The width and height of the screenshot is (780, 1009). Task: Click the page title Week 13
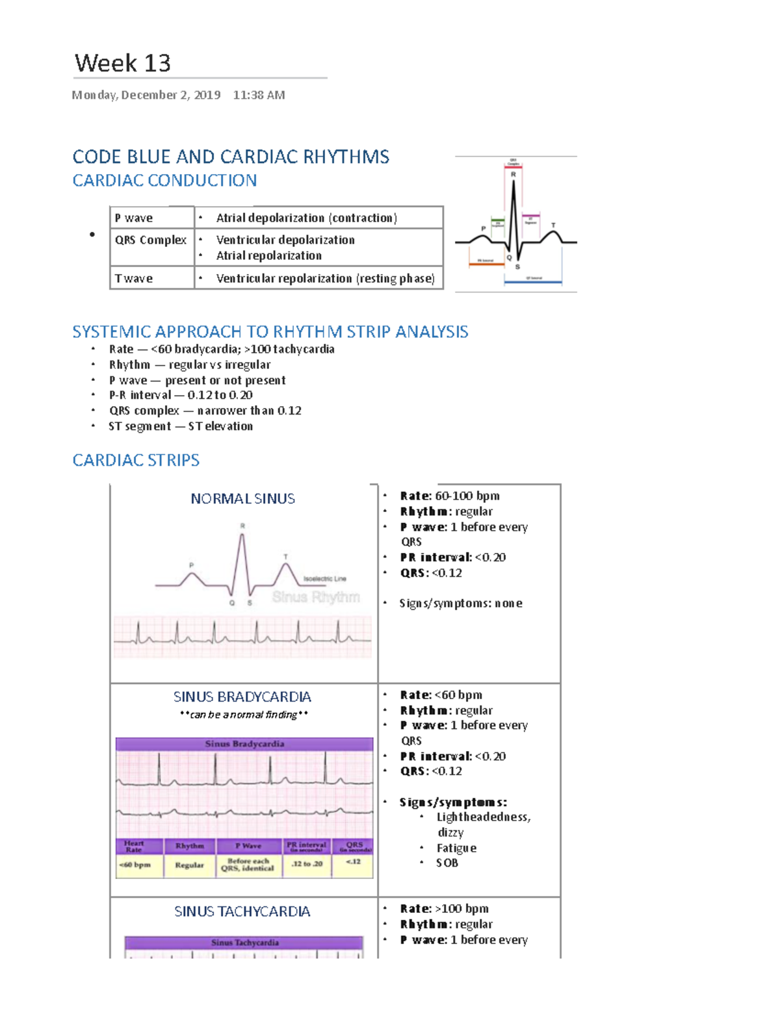(x=123, y=63)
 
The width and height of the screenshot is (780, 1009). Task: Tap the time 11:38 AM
(x=259, y=95)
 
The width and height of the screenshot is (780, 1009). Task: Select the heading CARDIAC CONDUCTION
(x=164, y=180)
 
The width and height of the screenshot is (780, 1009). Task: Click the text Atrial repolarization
(x=268, y=255)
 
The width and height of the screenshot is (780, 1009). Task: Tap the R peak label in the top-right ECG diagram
(x=513, y=174)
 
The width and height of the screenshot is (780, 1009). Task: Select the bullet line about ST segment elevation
(x=181, y=426)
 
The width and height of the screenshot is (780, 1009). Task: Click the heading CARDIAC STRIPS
(x=136, y=460)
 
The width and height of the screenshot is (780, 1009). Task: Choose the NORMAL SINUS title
(x=242, y=498)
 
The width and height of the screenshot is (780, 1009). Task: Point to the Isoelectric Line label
(x=324, y=578)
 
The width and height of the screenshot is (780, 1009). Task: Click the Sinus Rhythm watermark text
(x=316, y=597)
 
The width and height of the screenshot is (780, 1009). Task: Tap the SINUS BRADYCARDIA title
(x=242, y=696)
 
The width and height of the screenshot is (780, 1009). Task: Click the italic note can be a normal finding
(x=243, y=715)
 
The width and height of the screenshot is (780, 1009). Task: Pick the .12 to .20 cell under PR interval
(x=307, y=863)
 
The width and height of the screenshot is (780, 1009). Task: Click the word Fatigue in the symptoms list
(x=456, y=848)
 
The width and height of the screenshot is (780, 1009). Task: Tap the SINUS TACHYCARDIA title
(x=242, y=912)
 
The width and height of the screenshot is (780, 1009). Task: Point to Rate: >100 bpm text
(x=445, y=908)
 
